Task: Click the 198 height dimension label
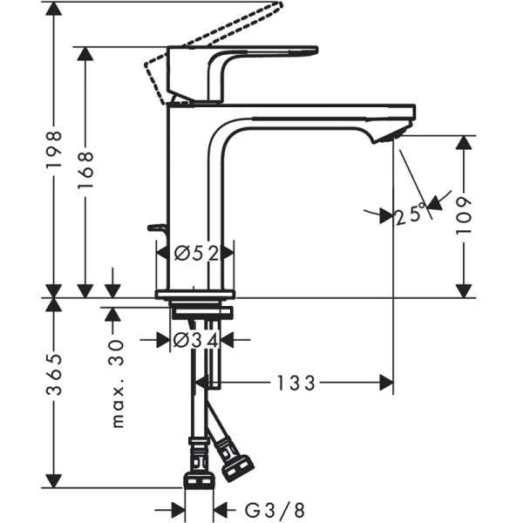point(54,154)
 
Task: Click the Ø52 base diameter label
point(194,253)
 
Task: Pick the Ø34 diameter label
point(194,340)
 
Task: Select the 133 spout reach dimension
point(296,382)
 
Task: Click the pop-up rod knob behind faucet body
point(158,228)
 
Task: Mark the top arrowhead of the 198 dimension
point(54,7)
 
